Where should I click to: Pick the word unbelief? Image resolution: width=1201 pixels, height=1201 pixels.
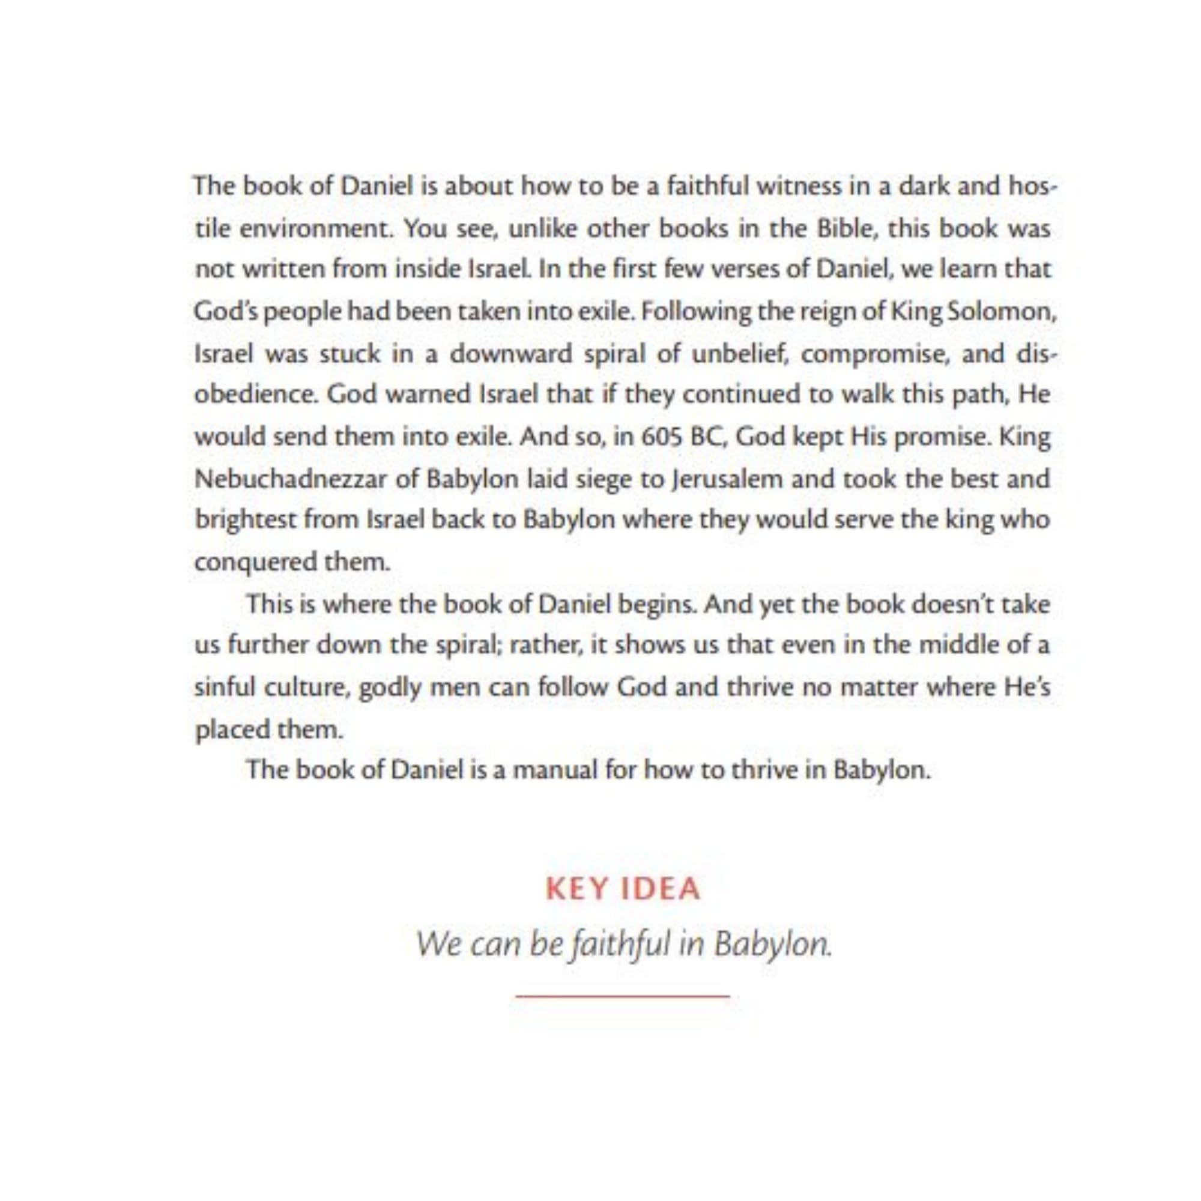[x=738, y=354]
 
